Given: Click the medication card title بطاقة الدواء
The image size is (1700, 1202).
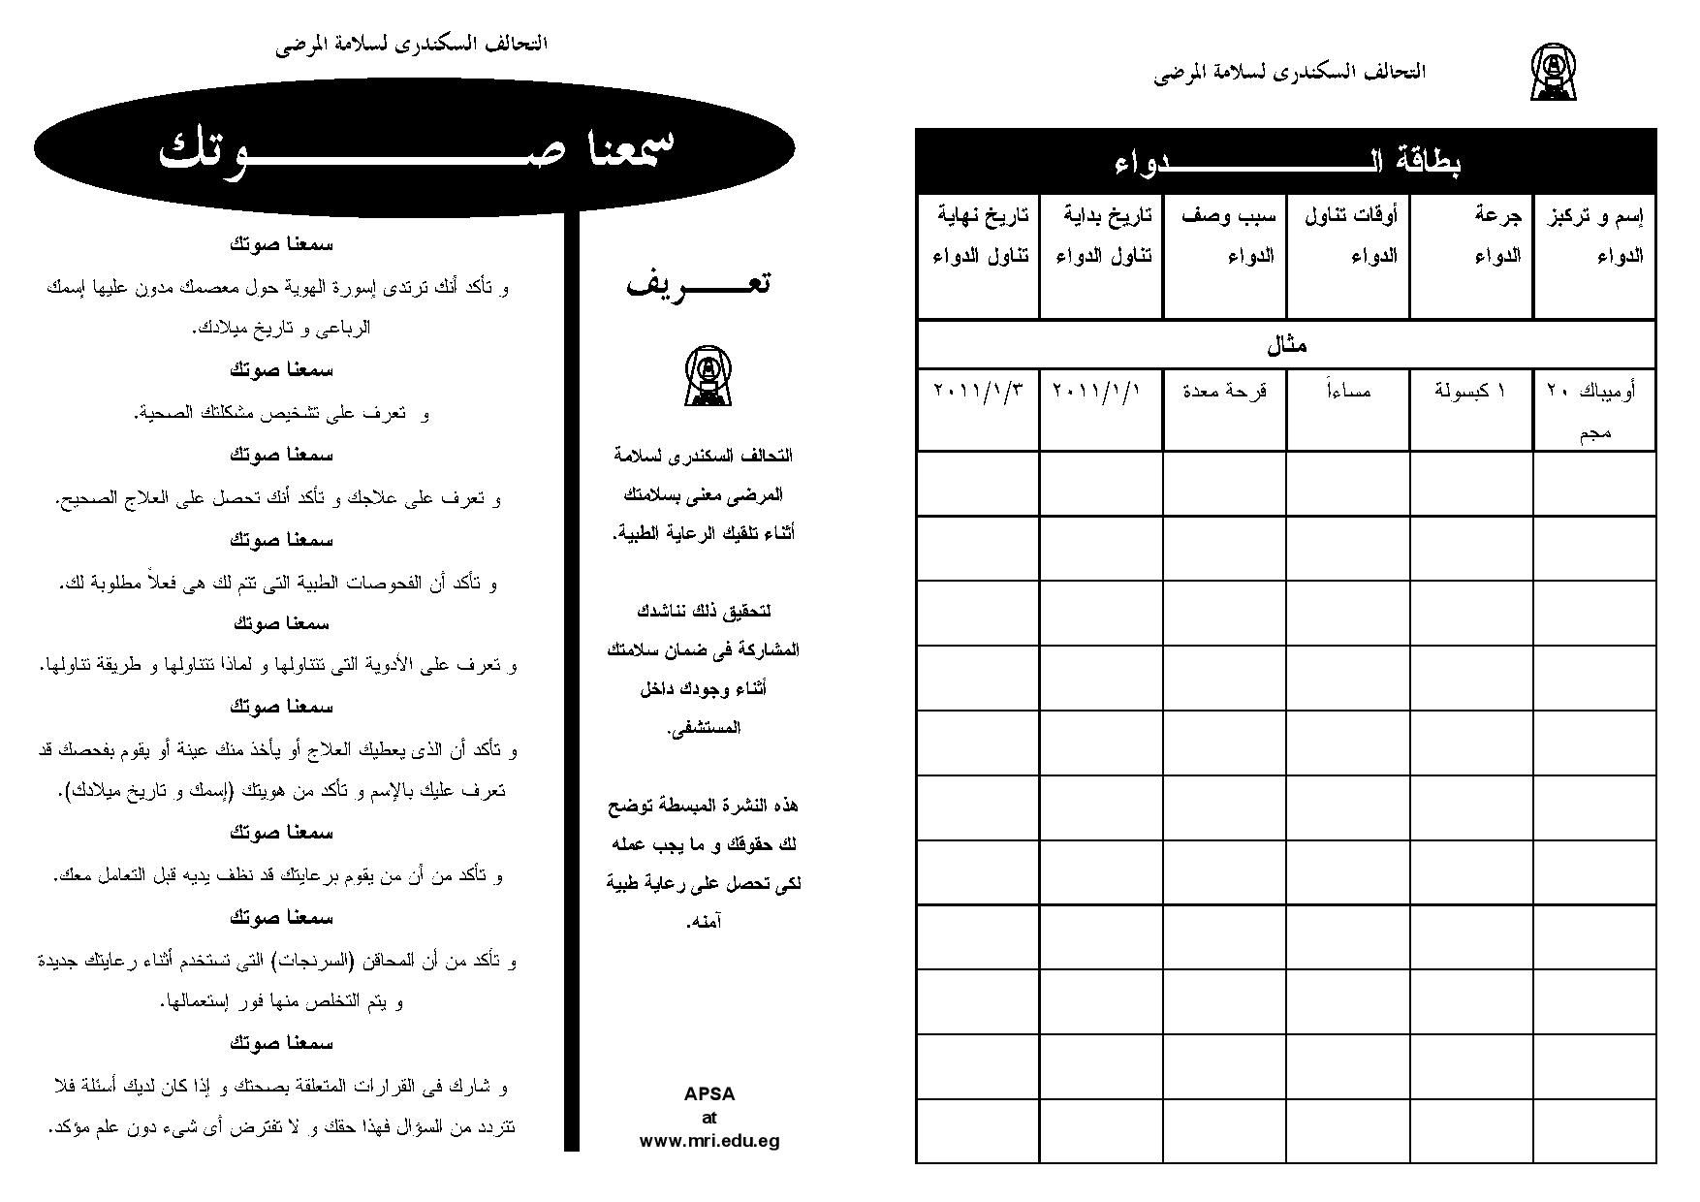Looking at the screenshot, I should click(1286, 161).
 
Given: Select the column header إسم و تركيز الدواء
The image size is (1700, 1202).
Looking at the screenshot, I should click(1594, 237).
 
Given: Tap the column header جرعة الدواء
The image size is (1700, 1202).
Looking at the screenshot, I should click(1471, 237).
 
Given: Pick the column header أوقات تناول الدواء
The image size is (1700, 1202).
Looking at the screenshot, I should click(1348, 237).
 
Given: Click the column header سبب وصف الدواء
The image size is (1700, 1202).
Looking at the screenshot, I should click(1225, 237).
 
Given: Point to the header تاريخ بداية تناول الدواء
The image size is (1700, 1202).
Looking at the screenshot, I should click(1102, 237).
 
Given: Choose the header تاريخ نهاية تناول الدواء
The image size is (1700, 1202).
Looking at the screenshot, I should click(979, 237).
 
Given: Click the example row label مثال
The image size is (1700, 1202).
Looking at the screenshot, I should click(1286, 345).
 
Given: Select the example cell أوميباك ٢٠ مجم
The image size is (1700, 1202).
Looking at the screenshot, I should click(1594, 410).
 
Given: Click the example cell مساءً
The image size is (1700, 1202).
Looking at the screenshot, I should click(1348, 392).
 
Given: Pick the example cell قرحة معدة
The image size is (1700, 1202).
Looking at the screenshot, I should click(1225, 392).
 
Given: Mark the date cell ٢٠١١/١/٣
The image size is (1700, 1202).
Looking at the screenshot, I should click(978, 392).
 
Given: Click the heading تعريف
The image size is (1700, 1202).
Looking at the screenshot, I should click(699, 284).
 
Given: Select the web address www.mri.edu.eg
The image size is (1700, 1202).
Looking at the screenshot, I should click(709, 1141).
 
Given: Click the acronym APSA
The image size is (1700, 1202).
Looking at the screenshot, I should click(709, 1094).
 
